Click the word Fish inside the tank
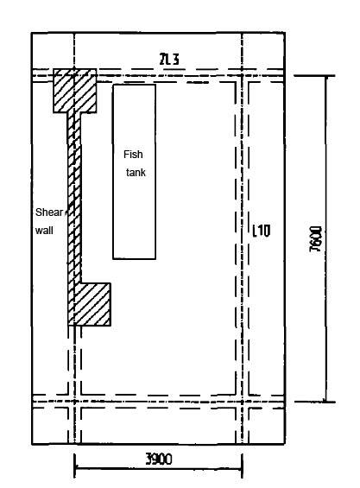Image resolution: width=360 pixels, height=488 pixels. point(133,155)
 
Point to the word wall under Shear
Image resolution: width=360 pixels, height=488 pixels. point(43,230)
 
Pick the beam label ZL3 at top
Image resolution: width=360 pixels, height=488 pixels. point(168,59)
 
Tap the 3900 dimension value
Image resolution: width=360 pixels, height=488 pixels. point(158,459)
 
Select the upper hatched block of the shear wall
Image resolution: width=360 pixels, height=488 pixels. point(74,90)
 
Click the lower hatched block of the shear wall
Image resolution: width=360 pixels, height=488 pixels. point(90,303)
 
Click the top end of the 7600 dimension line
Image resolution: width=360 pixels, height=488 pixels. point(326,75)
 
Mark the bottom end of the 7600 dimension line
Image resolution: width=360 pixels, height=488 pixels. point(326,401)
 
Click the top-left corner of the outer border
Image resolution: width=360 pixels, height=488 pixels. point(32,33)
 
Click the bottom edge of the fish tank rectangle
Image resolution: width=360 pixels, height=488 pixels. point(134,258)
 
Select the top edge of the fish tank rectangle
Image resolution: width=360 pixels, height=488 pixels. point(134,85)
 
